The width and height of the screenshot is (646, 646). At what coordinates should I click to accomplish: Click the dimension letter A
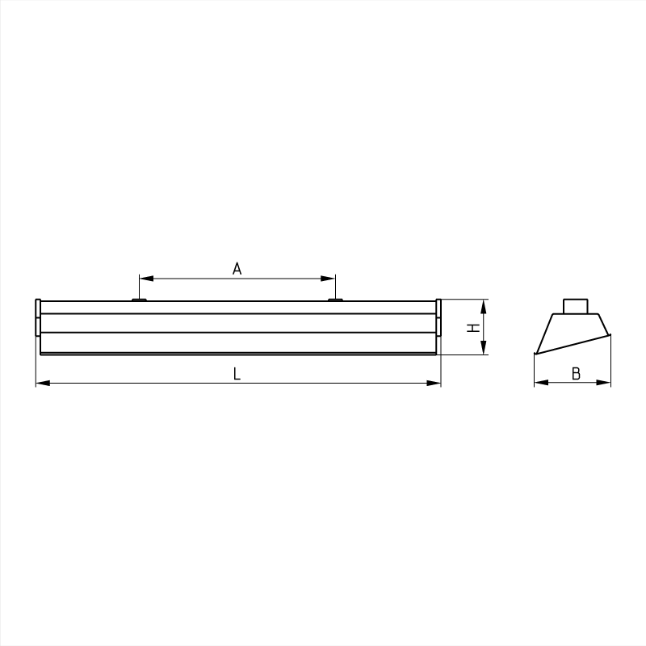point(237,269)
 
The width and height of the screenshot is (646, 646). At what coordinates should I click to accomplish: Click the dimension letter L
point(237,374)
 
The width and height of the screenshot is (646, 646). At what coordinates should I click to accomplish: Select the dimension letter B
point(576,374)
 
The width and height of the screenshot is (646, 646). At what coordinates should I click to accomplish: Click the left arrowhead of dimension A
point(143,279)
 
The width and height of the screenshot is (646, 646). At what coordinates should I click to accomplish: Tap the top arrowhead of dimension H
point(483,304)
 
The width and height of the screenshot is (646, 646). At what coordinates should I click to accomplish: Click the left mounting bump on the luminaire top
point(139,300)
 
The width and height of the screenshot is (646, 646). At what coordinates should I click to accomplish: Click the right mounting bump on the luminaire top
point(335,300)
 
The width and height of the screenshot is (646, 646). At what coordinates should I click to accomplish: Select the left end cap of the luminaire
point(37,317)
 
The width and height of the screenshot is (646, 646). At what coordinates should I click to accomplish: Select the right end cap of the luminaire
point(438,317)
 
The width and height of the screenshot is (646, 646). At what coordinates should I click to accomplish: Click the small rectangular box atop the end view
point(576,306)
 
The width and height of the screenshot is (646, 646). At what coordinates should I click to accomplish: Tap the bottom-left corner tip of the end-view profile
point(536,354)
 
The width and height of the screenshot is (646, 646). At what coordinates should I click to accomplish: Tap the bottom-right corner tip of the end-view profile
point(610,333)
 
